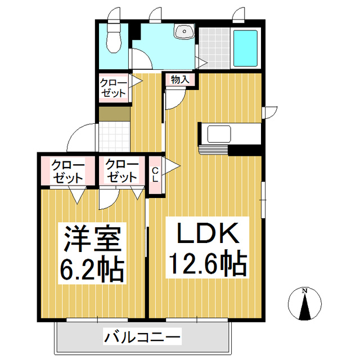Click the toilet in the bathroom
(x=114, y=39)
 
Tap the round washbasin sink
(x=183, y=32)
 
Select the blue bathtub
(x=245, y=48)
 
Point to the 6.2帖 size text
(x=91, y=269)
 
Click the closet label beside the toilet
(x=114, y=88)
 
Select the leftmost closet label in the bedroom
(x=67, y=170)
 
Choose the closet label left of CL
(x=121, y=170)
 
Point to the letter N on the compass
(x=304, y=291)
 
